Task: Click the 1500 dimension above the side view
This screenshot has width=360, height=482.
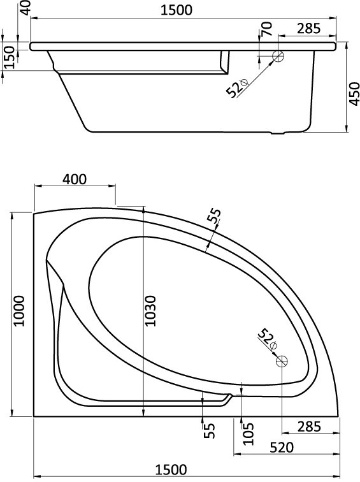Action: point(176,10)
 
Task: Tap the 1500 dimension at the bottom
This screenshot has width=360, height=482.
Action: point(171,470)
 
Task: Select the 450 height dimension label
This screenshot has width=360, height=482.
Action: point(354,94)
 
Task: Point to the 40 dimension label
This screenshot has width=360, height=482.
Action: point(26,8)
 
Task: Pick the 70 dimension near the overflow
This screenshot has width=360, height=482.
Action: point(266,29)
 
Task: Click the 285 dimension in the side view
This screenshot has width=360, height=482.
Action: point(308,29)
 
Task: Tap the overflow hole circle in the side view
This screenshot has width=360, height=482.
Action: point(278,56)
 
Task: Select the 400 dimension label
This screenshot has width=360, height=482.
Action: point(75,179)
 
